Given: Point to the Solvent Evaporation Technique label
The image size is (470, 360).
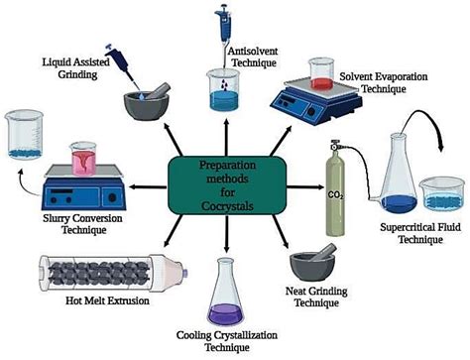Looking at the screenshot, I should tap(379, 81).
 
